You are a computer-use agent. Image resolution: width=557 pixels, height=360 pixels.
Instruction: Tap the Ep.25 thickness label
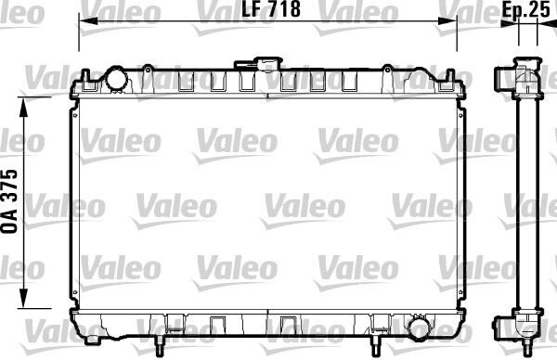[526, 10]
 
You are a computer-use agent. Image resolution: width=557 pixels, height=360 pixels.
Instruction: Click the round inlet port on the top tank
[118, 80]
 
